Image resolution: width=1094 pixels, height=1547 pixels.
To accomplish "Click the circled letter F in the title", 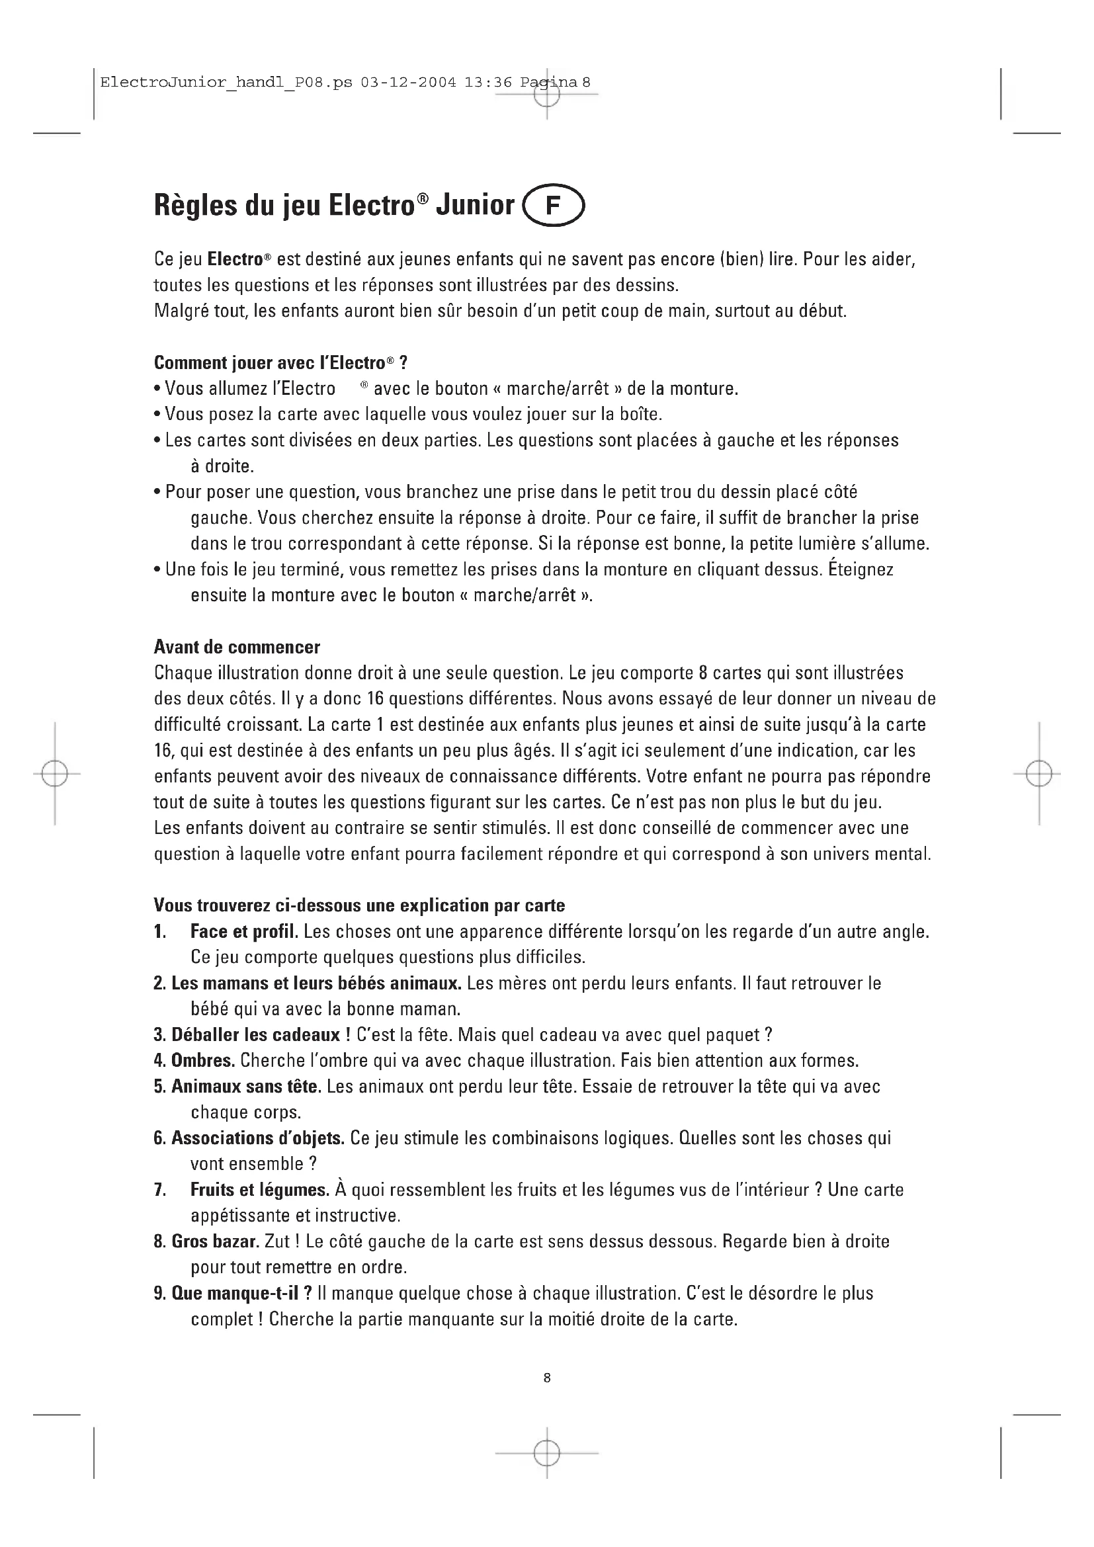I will coord(552,206).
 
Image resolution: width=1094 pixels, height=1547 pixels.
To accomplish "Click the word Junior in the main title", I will coord(475,205).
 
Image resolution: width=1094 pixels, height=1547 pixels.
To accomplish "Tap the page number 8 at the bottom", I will coord(547,1378).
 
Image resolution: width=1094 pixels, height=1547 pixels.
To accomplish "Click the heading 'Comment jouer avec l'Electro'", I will coord(280,363).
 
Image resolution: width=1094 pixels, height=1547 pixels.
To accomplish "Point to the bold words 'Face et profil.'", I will coord(244,932).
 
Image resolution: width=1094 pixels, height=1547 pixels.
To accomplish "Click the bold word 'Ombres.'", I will coord(203,1060).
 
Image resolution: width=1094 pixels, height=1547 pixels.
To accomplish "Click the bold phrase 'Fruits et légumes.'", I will coord(260,1190).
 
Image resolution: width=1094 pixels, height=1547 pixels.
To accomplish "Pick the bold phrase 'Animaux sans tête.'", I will coord(246,1086).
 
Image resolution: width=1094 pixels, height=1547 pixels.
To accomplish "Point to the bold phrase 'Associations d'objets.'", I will coord(257,1138).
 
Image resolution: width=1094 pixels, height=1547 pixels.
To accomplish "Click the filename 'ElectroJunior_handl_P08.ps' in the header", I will coord(226,83).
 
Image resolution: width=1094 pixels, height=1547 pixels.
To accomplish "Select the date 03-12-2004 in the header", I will coord(408,83).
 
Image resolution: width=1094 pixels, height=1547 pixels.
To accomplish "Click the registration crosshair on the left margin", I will coord(54,774).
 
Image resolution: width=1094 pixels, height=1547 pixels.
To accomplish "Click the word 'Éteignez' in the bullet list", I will coord(861,569).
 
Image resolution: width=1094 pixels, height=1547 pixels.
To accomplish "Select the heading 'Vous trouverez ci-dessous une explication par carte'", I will coord(359,905).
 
